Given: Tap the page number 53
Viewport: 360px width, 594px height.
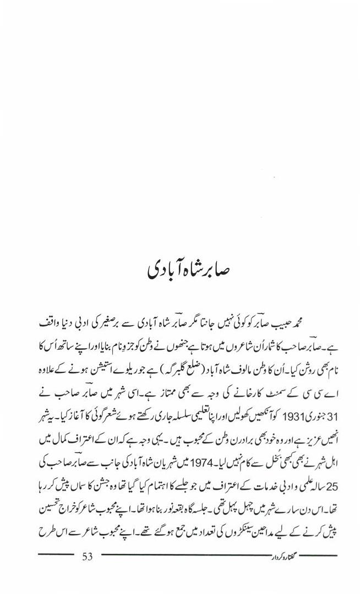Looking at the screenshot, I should pos(88,557).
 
